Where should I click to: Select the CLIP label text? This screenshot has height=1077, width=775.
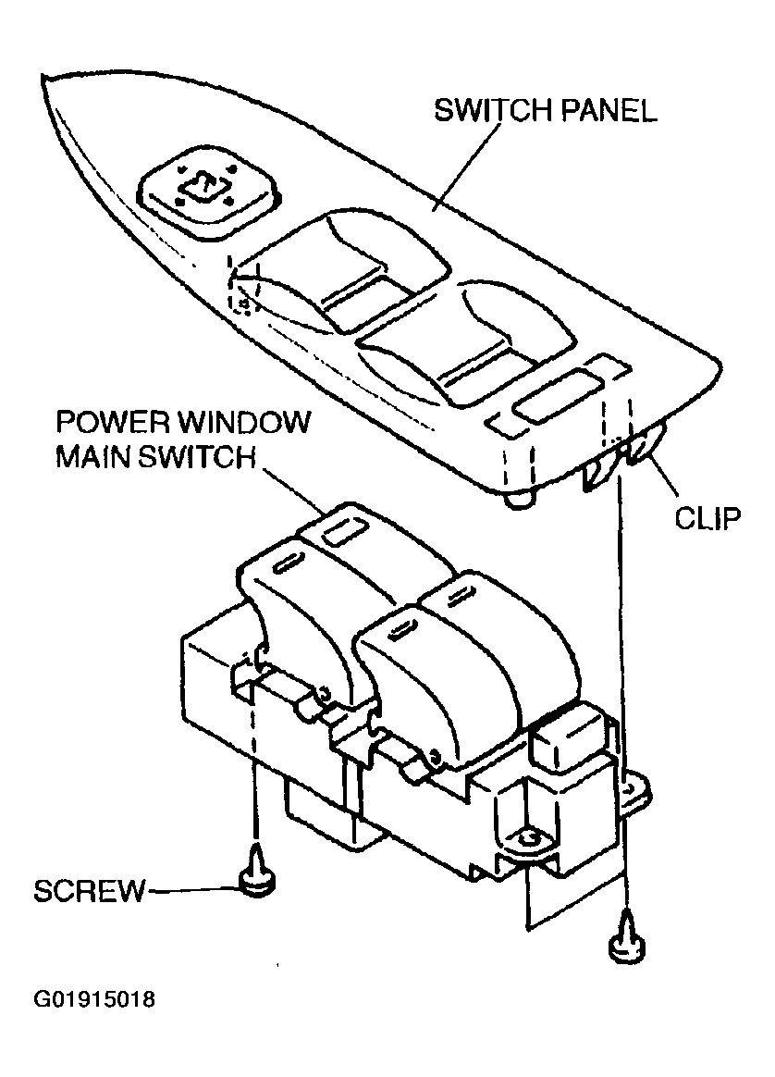pyautogui.click(x=707, y=518)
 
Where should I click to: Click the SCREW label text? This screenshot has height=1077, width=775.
pyautogui.click(x=90, y=892)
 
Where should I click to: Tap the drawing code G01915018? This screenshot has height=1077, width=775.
pyautogui.click(x=94, y=1000)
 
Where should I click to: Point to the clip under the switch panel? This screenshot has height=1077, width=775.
pyautogui.click(x=640, y=452)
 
